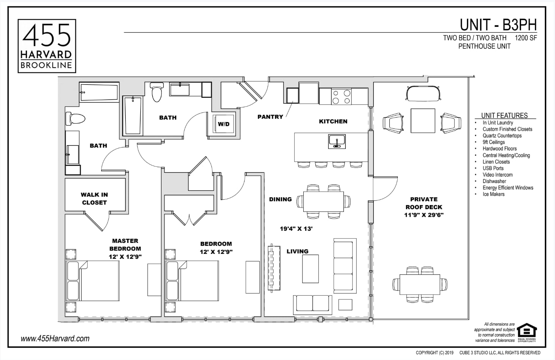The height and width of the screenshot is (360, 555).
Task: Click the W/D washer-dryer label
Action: [x=224, y=124]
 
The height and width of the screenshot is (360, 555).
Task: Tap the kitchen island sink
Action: [x=337, y=142]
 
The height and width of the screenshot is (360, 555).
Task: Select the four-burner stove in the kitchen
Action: [x=341, y=97]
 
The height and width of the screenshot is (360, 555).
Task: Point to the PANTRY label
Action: [x=270, y=117]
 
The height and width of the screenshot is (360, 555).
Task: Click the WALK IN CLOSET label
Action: [x=94, y=199]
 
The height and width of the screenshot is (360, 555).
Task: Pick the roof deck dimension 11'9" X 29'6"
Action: [x=424, y=215]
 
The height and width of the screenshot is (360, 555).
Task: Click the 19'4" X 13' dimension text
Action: [x=296, y=229]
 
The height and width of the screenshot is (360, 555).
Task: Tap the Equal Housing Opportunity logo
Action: [x=527, y=332]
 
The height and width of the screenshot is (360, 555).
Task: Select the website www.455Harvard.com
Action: [x=55, y=338]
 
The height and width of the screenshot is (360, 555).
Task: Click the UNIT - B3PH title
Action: [x=498, y=25]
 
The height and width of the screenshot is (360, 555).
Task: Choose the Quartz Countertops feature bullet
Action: [x=502, y=136]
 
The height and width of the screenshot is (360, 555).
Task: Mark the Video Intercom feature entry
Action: [x=497, y=175]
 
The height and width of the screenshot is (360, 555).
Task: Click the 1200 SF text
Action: [x=526, y=38]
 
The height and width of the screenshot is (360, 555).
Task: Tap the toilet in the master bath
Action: [x=75, y=119]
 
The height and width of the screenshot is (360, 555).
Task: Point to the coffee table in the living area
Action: [x=310, y=269]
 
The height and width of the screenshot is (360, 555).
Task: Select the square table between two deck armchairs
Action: [x=423, y=121]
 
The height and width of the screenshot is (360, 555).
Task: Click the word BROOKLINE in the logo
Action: [x=46, y=65]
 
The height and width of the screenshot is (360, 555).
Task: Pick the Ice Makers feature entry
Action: [x=493, y=194]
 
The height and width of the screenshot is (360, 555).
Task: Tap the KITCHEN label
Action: [x=333, y=122]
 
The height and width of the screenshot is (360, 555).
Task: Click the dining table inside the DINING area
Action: [x=323, y=201]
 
